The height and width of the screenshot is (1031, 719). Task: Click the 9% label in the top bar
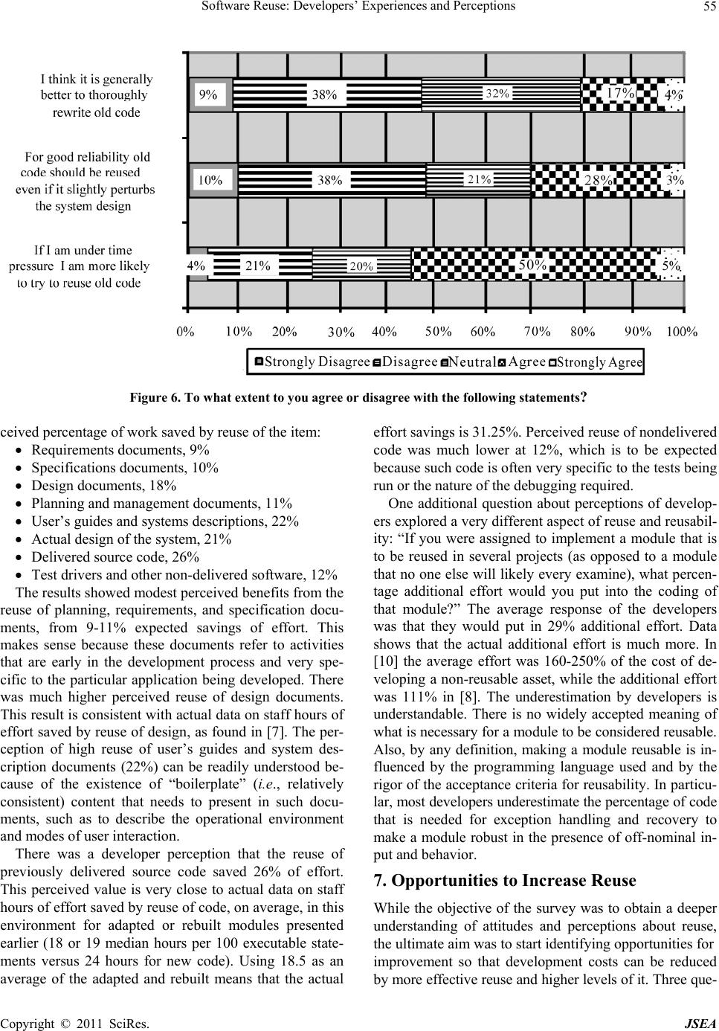(x=208, y=94)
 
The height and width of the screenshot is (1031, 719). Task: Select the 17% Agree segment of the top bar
(x=619, y=93)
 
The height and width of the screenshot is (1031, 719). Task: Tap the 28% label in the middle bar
(x=598, y=180)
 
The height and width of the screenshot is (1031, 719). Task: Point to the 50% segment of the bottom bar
(x=533, y=265)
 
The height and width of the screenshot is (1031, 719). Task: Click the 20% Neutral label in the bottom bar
(x=361, y=266)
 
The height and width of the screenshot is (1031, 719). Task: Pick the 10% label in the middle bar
(x=210, y=179)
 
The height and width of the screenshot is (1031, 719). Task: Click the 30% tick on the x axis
(x=341, y=333)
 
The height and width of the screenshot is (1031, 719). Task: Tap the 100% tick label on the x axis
(x=681, y=332)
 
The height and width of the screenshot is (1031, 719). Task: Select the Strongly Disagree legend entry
(x=313, y=362)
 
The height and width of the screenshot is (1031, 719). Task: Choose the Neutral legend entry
(x=468, y=362)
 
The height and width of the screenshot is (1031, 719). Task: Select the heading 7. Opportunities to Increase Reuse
(x=505, y=881)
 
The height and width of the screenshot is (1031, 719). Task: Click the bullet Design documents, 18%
(x=104, y=486)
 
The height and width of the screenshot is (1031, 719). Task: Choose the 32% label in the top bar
(x=497, y=94)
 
